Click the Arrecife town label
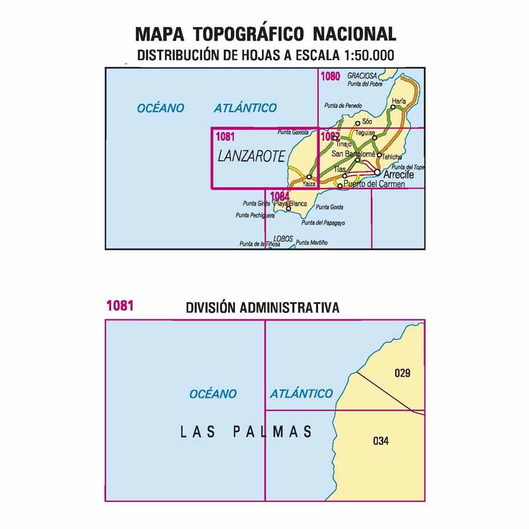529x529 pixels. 398,176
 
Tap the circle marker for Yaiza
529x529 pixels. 309,176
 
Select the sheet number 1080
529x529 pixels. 330,76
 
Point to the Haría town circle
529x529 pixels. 393,108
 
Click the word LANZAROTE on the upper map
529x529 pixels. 251,156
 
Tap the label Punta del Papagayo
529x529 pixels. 323,223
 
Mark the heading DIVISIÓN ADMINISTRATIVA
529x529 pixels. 262,307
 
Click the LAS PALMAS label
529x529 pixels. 245,433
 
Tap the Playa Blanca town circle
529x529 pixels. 288,209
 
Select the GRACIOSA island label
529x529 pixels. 361,76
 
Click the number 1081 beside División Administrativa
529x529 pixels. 120,306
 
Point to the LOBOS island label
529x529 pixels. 283,239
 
